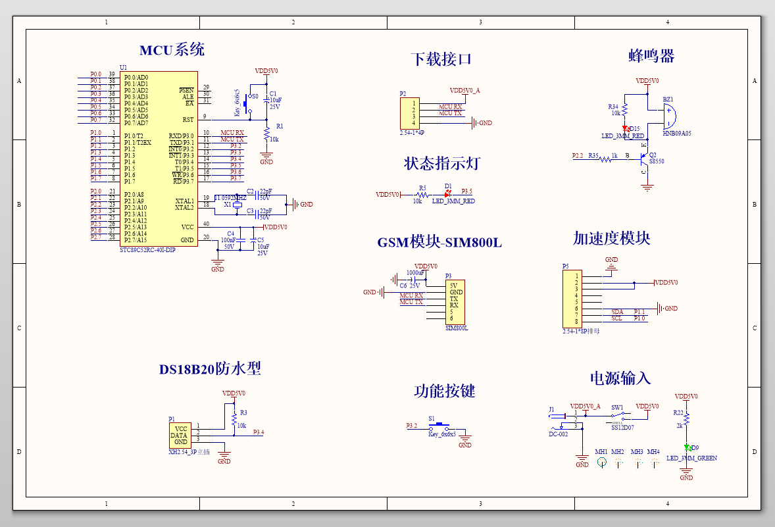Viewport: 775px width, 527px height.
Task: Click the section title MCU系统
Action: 172,50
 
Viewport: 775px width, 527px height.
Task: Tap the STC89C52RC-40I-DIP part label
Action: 147,250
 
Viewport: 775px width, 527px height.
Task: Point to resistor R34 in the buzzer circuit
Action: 625,109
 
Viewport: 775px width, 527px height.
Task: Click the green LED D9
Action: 686,447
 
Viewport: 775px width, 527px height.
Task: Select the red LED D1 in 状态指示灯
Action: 449,194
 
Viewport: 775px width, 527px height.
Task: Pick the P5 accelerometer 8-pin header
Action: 572,299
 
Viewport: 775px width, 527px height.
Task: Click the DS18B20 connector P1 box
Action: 180,436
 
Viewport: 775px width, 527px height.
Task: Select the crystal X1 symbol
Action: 238,205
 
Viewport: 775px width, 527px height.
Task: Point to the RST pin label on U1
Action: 187,120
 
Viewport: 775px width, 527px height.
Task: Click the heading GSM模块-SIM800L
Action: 439,243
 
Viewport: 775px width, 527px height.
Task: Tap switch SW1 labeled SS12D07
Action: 620,416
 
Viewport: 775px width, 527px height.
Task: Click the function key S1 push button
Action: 439,426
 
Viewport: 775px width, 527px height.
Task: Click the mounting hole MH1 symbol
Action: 601,463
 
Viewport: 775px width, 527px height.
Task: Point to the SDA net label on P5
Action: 616,311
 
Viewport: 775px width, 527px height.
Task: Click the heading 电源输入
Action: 620,378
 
